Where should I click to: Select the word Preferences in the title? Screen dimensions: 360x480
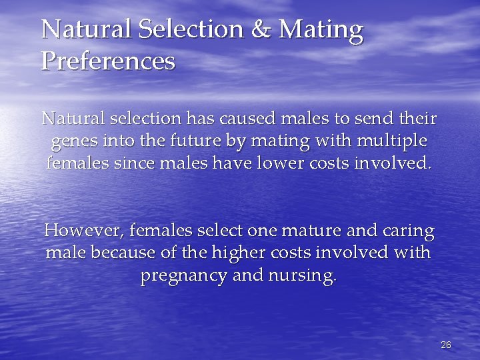[x=108, y=61]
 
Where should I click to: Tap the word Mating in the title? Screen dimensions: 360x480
[x=321, y=30]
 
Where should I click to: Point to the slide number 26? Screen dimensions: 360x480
[x=446, y=345]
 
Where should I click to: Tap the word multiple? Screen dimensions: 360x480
[x=393, y=141]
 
